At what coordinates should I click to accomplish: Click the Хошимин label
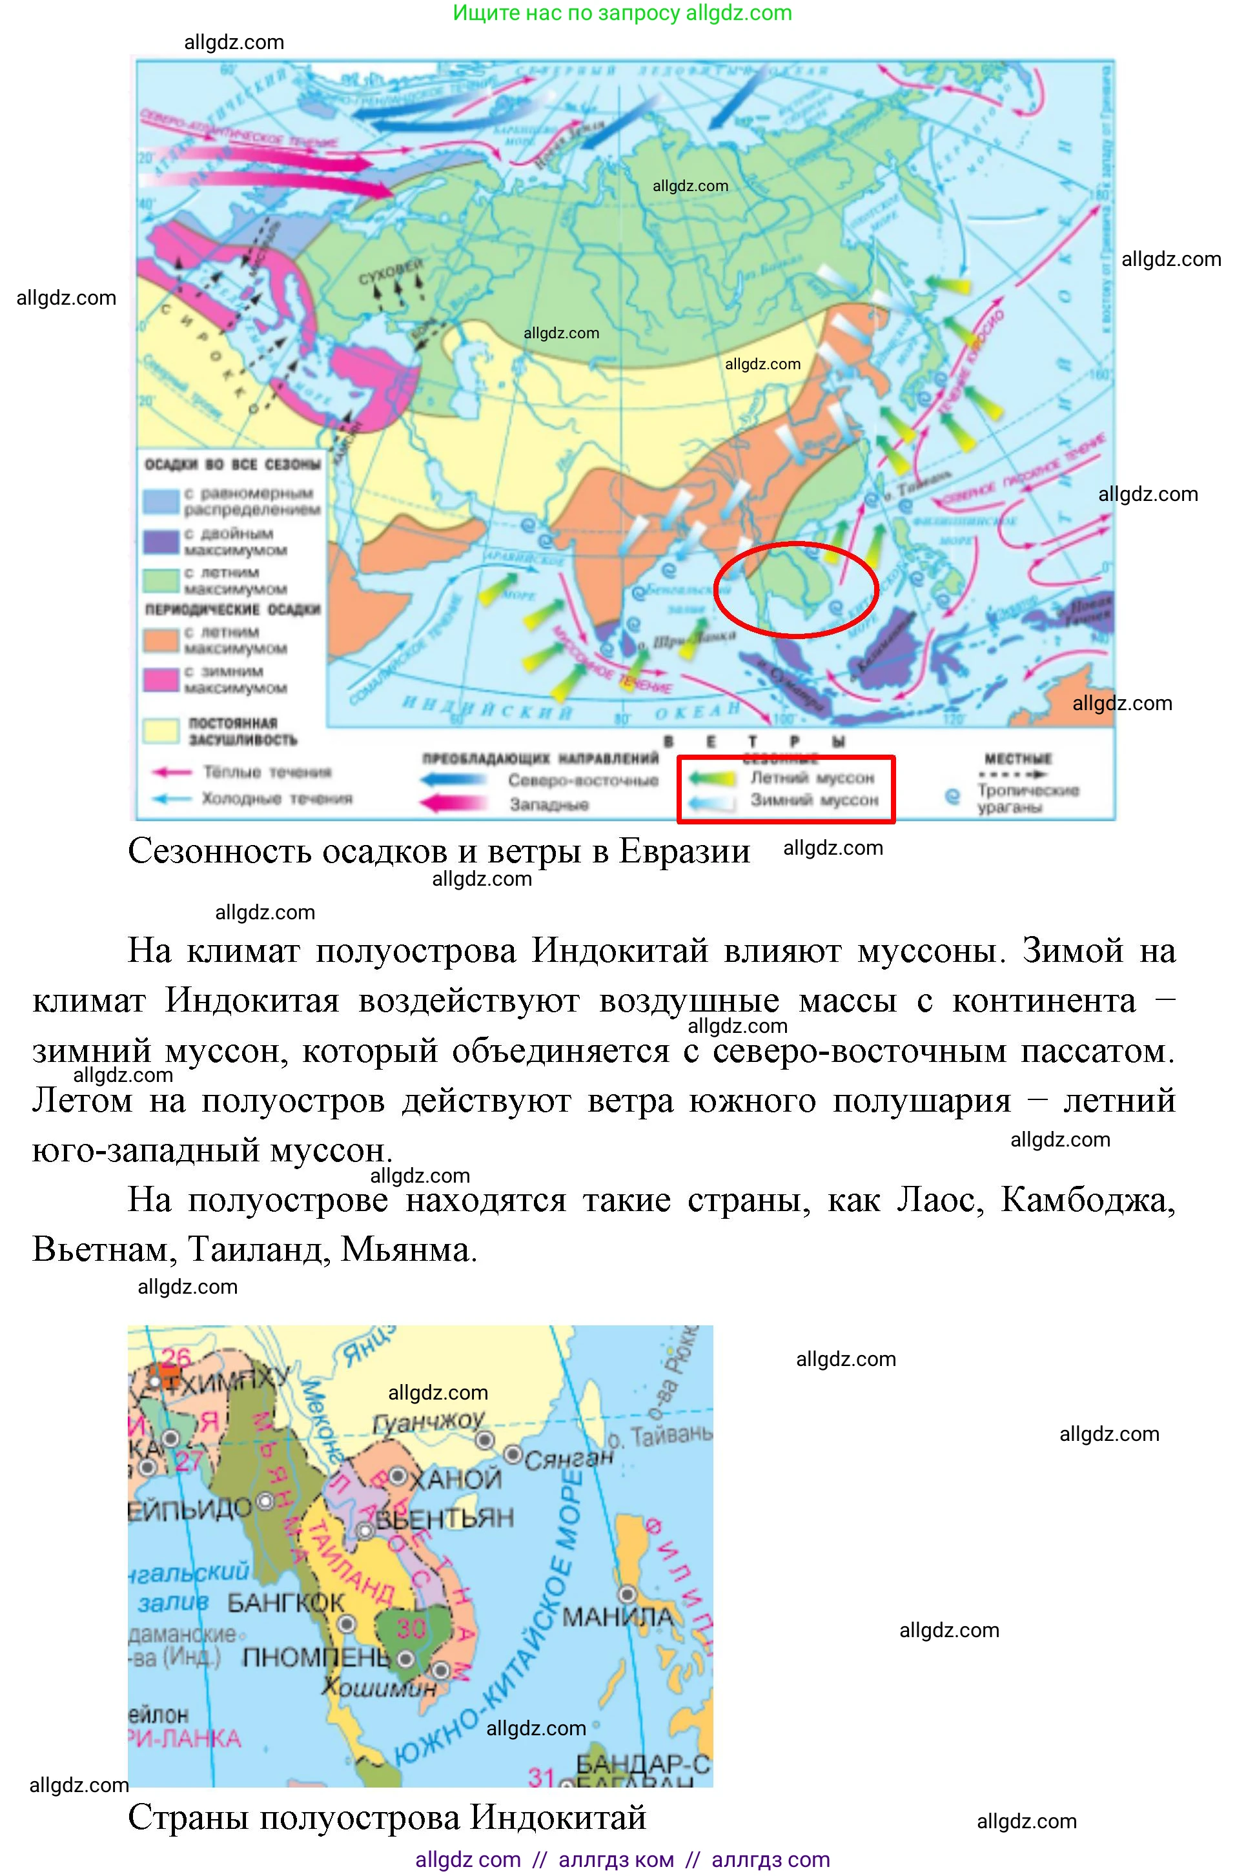[x=380, y=1686]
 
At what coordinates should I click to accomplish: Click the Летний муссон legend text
[x=812, y=777]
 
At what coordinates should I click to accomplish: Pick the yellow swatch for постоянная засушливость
[x=161, y=731]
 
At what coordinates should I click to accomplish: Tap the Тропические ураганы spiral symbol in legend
[x=952, y=795]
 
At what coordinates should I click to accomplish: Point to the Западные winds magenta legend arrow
[x=454, y=804]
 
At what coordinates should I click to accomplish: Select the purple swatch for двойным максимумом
[x=161, y=542]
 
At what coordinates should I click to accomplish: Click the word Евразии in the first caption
[x=684, y=851]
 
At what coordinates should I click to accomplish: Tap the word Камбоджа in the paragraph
[x=1088, y=1201]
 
